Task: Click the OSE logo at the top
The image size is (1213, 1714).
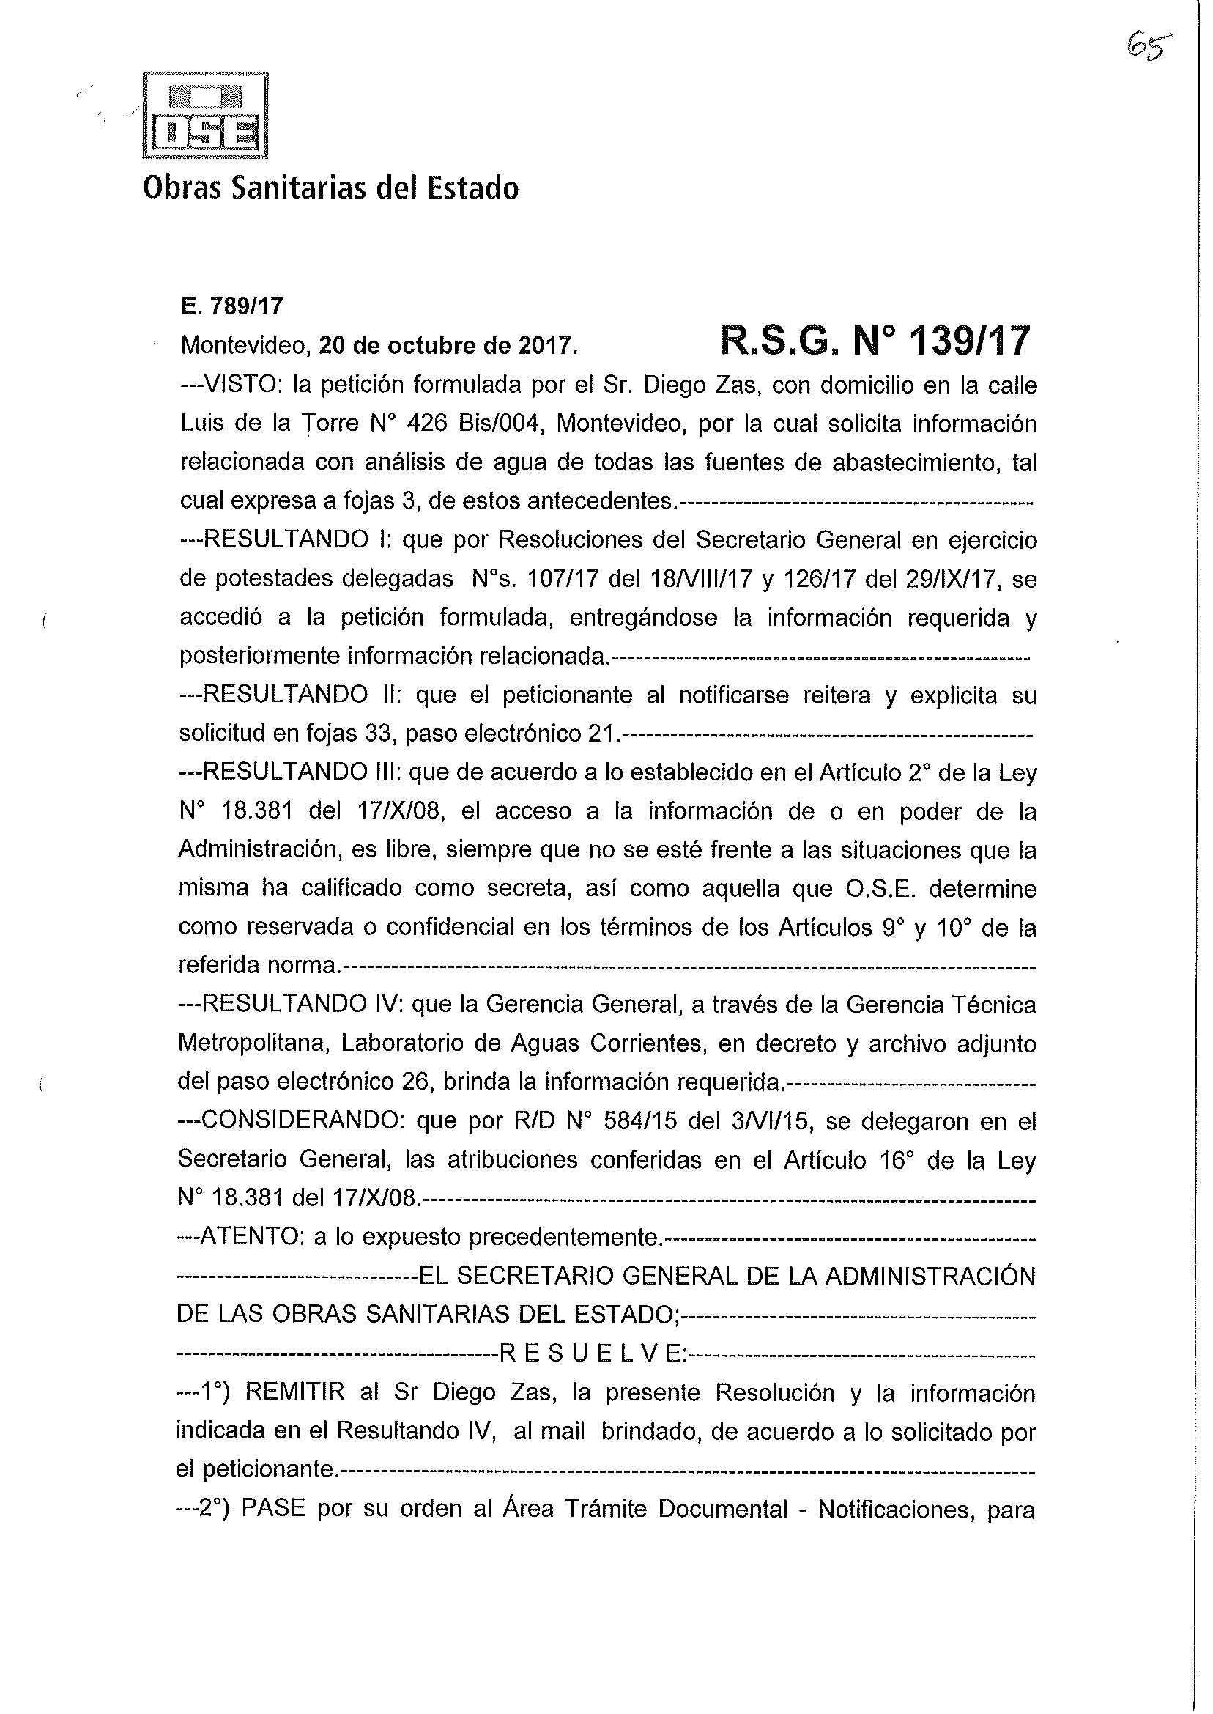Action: click(x=204, y=116)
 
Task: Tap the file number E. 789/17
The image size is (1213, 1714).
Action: click(x=231, y=306)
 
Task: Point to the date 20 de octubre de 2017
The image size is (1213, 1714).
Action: click(x=448, y=345)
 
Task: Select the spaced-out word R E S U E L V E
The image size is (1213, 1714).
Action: click(x=590, y=1354)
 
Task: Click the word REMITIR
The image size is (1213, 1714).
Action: click(x=295, y=1393)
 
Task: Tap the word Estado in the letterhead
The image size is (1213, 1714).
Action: click(x=472, y=188)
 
